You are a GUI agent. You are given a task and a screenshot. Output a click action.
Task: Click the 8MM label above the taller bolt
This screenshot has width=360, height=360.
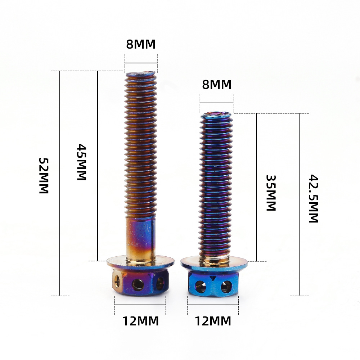point(141,44)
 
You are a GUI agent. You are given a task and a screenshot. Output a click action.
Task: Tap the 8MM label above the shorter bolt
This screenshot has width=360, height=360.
point(217,85)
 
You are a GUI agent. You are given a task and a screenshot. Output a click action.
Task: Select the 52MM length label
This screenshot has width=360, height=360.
point(44,176)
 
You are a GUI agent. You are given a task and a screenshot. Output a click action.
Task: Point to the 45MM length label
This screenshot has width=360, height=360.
point(81,162)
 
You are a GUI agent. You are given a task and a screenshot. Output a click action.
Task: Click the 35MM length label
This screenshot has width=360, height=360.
point(271,193)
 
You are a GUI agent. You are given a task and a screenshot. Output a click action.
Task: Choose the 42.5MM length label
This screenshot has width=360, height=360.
point(313,199)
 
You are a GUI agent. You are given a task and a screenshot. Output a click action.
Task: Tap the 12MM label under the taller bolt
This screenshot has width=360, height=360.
point(140,321)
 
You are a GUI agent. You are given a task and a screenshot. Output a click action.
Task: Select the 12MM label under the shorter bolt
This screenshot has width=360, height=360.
point(213,321)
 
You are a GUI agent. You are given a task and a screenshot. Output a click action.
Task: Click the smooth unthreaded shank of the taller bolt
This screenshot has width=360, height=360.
point(140,238)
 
